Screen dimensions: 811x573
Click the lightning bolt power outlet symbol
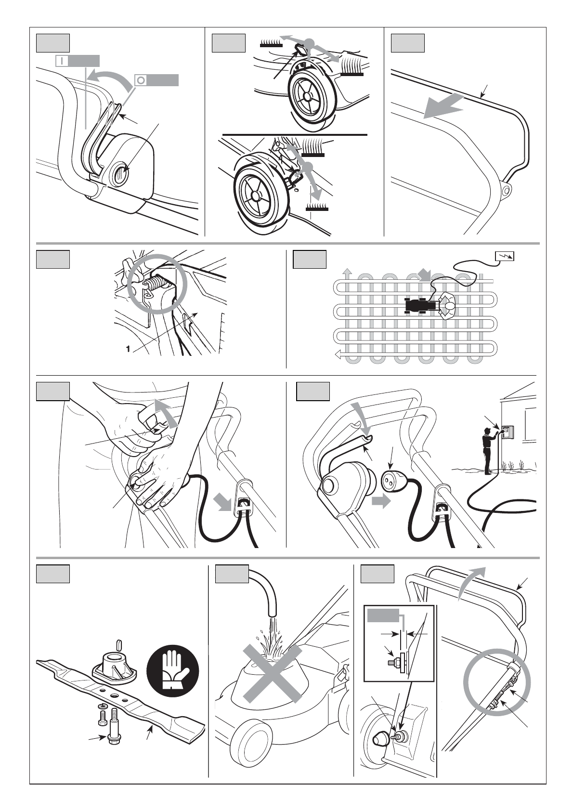(504, 256)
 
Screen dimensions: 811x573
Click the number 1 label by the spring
(128, 350)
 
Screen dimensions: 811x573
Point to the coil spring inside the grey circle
(154, 284)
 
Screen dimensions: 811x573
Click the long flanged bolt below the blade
(115, 722)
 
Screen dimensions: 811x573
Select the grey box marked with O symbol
(156, 80)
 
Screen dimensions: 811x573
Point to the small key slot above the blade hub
(120, 643)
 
